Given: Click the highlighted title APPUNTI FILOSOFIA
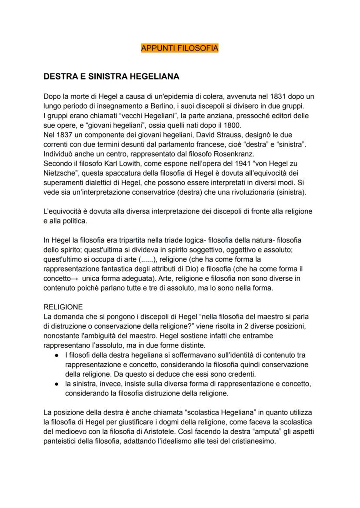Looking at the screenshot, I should pos(180,48).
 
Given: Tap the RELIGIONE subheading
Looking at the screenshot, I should pos(63,307).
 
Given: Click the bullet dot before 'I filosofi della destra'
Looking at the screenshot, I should pos(57,346).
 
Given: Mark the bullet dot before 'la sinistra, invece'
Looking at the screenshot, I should pos(57,384).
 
